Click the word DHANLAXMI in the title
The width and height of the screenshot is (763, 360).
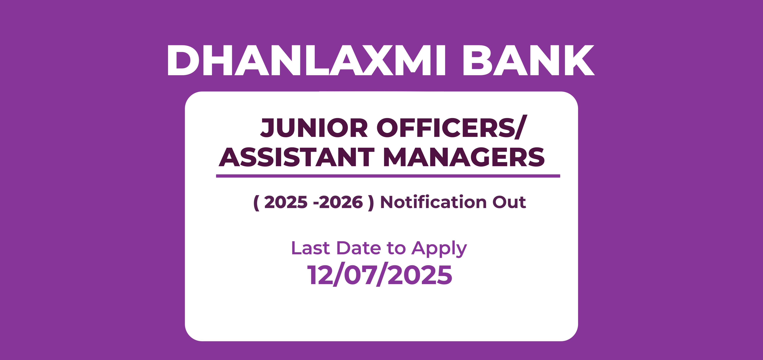306,60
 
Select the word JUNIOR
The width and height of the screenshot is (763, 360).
314,128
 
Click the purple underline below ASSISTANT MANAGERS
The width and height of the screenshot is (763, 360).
388,176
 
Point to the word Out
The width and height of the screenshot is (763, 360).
509,202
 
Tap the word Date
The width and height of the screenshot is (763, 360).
359,248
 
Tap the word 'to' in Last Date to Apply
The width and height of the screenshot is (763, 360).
396,249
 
